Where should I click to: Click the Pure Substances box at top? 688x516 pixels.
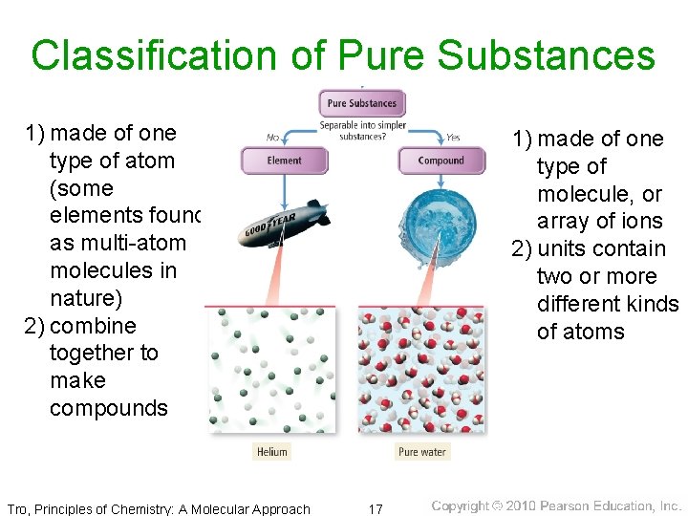click(361, 103)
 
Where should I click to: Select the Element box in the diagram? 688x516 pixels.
click(284, 161)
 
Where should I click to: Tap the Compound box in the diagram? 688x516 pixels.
click(441, 161)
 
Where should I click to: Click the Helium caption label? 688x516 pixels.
click(271, 452)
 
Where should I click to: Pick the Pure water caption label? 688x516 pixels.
click(421, 452)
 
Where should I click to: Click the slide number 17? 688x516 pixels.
click(375, 509)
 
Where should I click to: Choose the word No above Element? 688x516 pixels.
click(272, 137)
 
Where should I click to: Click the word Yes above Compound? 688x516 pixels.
click(452, 137)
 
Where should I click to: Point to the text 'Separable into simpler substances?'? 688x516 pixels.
click(362, 131)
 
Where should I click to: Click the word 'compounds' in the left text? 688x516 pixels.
click(108, 408)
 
